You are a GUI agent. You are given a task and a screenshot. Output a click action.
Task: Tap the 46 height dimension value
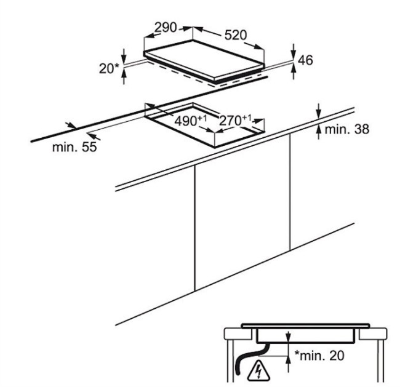[306, 60]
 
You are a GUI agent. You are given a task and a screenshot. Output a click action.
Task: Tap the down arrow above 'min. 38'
[319, 113]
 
